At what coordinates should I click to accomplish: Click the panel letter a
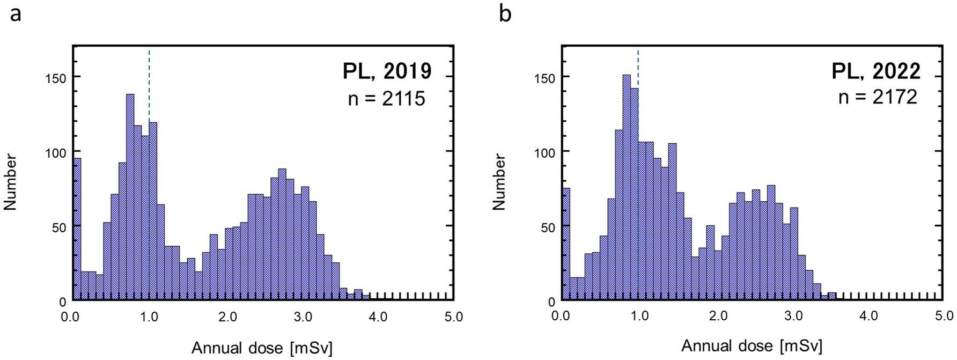click(16, 13)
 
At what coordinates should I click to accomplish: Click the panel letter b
click(505, 13)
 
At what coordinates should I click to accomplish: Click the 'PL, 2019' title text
click(387, 71)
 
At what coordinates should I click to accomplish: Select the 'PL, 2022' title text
click(876, 71)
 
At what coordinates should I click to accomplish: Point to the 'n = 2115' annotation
click(387, 98)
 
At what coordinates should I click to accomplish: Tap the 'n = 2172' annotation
click(878, 97)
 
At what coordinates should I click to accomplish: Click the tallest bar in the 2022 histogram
click(626, 188)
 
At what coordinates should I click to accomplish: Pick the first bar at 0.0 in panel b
click(565, 244)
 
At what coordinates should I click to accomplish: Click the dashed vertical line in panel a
click(149, 86)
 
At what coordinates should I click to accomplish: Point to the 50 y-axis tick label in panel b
click(547, 227)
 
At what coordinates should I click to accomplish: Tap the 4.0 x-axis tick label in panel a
click(378, 317)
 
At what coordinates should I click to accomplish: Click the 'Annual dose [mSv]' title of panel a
click(262, 348)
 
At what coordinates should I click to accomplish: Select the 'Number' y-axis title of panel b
click(499, 181)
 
